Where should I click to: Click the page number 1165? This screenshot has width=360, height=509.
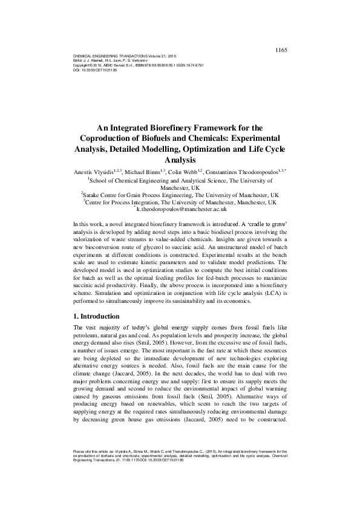[x=280, y=33]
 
